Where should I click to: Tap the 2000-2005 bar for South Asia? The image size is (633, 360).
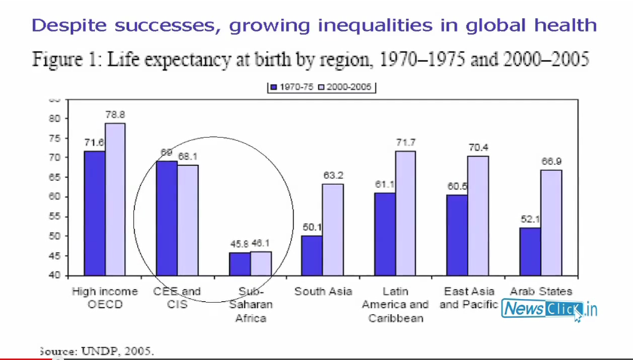click(333, 229)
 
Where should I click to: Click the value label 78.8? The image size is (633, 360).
click(115, 114)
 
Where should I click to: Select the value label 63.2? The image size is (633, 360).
click(333, 175)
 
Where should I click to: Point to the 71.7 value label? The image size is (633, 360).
click(406, 142)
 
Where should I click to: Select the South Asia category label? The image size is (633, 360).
click(322, 291)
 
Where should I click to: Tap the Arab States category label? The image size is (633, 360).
click(541, 291)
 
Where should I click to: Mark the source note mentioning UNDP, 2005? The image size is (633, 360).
click(98, 351)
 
